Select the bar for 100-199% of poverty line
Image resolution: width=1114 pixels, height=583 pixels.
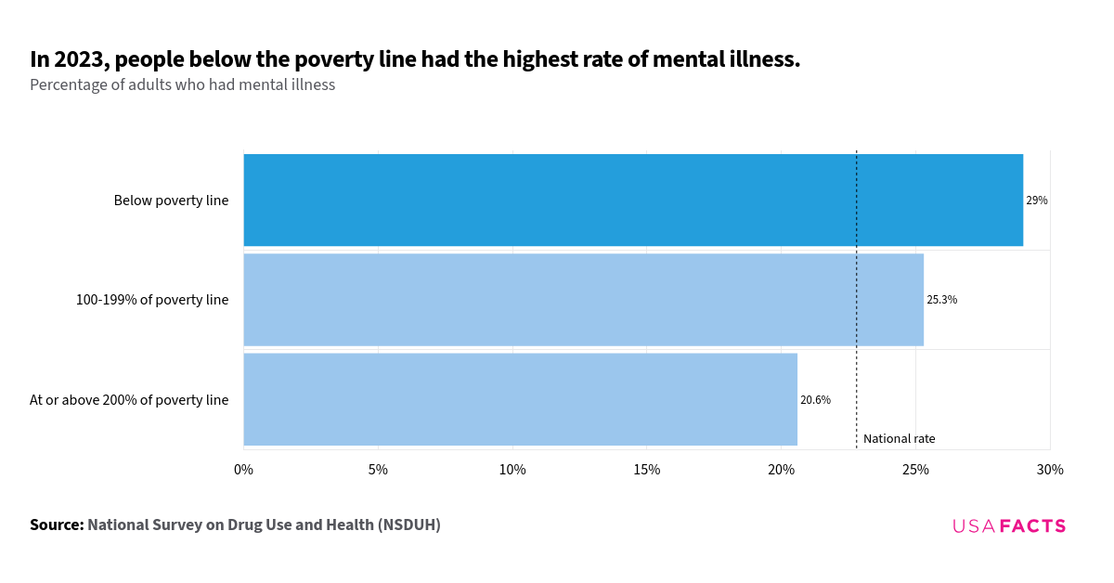click(583, 300)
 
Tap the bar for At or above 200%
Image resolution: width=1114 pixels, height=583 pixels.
click(520, 399)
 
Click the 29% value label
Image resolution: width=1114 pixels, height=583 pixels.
click(1036, 201)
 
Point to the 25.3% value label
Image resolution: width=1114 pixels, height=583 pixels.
click(941, 300)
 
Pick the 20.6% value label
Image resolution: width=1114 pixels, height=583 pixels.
click(815, 400)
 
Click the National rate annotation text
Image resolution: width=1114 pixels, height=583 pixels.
click(899, 439)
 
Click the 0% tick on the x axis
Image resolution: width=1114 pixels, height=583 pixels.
click(243, 470)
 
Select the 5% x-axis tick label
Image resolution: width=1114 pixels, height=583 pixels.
click(378, 470)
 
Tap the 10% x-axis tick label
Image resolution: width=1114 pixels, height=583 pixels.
click(512, 470)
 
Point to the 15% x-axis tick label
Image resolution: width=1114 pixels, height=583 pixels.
click(647, 470)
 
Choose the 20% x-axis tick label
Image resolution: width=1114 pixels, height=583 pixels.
click(781, 470)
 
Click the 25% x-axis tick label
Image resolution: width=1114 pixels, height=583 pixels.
click(915, 470)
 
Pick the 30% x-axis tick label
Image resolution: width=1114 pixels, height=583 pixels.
click(1050, 470)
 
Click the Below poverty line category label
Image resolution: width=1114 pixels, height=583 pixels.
click(171, 201)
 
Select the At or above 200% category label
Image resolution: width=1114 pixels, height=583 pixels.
click(129, 400)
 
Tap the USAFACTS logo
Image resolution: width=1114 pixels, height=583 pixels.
click(1009, 526)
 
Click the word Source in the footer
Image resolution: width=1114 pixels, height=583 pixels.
click(57, 525)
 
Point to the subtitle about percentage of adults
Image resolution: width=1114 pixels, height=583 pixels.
click(182, 84)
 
